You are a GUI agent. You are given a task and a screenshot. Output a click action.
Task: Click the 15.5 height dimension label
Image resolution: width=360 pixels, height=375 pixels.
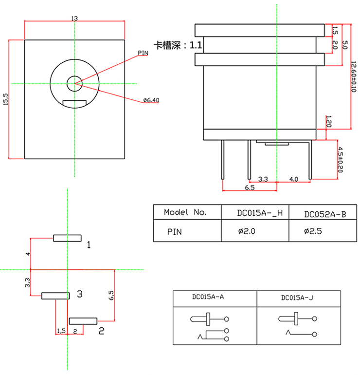pyautogui.click(x=6, y=99)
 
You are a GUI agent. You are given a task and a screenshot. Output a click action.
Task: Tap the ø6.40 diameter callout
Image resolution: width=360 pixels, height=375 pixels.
pyautogui.click(x=151, y=100)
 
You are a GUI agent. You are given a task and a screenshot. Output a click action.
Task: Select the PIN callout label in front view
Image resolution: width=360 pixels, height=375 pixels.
pyautogui.click(x=143, y=53)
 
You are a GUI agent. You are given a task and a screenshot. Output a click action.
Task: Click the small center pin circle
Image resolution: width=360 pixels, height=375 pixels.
pyautogui.click(x=74, y=83)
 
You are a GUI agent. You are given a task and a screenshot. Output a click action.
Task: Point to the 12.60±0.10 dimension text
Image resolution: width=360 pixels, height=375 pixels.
pyautogui.click(x=354, y=75)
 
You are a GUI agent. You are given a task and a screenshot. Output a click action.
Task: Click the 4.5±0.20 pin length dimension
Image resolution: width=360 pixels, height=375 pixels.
pyautogui.click(x=341, y=159)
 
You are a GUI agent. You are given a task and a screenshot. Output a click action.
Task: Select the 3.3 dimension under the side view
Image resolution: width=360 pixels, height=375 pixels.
pyautogui.click(x=263, y=179)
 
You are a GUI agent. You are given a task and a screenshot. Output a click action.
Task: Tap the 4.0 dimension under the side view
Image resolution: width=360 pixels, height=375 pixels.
pyautogui.click(x=293, y=179)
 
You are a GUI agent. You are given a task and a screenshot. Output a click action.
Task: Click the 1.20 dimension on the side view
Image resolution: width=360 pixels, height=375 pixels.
pyautogui.click(x=329, y=121)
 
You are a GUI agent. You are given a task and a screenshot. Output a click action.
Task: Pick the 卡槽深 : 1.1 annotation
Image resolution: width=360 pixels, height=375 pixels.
pyautogui.click(x=178, y=46)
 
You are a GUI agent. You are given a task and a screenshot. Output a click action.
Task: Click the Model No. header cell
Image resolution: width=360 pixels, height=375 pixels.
pyautogui.click(x=185, y=212)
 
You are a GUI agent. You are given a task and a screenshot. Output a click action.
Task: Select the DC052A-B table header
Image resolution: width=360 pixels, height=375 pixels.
pyautogui.click(x=324, y=213)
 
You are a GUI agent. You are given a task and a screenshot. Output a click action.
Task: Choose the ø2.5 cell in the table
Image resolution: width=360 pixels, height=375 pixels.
pyautogui.click(x=313, y=231)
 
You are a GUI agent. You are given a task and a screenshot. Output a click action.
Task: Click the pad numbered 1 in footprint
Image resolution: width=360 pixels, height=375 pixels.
pyautogui.click(x=67, y=238)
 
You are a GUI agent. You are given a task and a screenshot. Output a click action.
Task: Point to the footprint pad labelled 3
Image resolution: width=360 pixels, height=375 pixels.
pyautogui.click(x=55, y=296)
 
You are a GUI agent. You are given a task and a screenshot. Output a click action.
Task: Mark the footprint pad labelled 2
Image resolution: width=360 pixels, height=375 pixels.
pyautogui.click(x=84, y=320)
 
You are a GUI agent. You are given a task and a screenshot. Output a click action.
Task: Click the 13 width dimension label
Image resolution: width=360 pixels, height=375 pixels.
pyautogui.click(x=74, y=19)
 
